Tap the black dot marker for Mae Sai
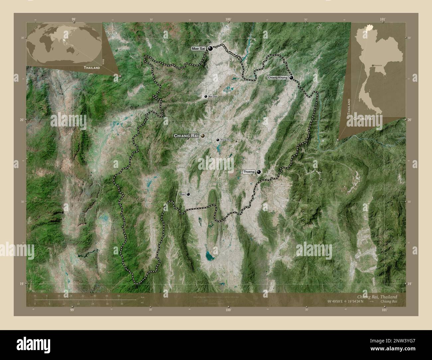[x=210, y=48]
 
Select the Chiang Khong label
[x=277, y=77]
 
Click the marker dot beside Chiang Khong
[x=291, y=78]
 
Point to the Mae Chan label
[x=213, y=96]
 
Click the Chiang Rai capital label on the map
[x=186, y=136]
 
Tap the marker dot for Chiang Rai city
[x=202, y=135]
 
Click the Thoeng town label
[x=249, y=172]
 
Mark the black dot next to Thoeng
[x=259, y=172]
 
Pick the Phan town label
[x=182, y=194]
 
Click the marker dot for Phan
[x=188, y=194]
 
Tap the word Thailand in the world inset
[x=92, y=68]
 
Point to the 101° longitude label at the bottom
[x=384, y=310]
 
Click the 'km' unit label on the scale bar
[x=143, y=297]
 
